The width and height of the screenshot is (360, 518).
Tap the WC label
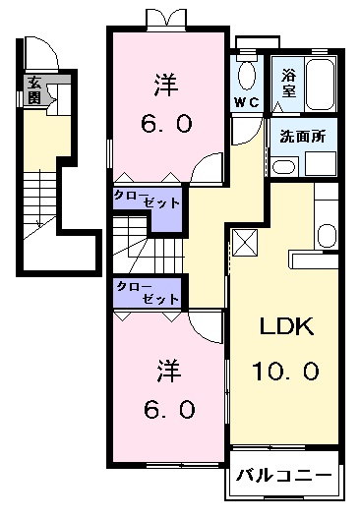245,102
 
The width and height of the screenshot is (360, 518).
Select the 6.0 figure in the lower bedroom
165,406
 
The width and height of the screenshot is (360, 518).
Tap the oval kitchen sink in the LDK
325,235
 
